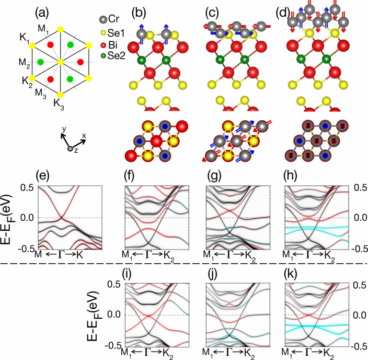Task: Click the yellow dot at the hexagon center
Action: tap(61, 62)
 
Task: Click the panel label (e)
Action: tap(43, 175)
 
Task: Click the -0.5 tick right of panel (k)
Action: tap(357, 345)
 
